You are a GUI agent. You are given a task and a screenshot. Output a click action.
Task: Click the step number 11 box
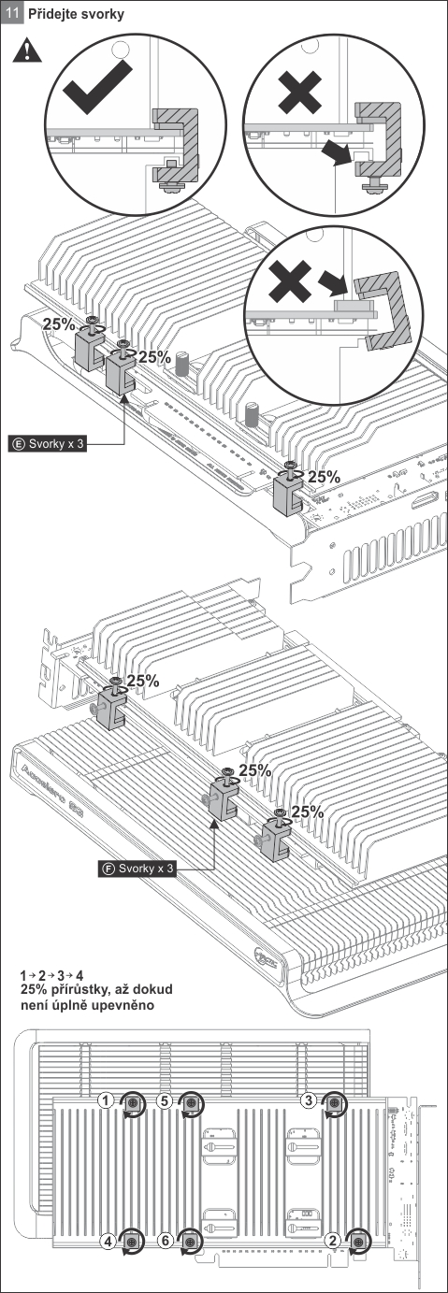point(12,13)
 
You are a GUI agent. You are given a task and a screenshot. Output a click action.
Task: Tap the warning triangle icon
point(27,50)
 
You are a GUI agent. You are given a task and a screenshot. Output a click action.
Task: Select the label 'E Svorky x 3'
point(48,443)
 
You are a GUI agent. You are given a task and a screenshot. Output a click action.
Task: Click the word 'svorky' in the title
point(102,14)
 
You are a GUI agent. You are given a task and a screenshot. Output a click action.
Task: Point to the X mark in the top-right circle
point(300,92)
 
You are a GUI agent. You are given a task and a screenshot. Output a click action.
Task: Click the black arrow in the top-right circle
point(337,151)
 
